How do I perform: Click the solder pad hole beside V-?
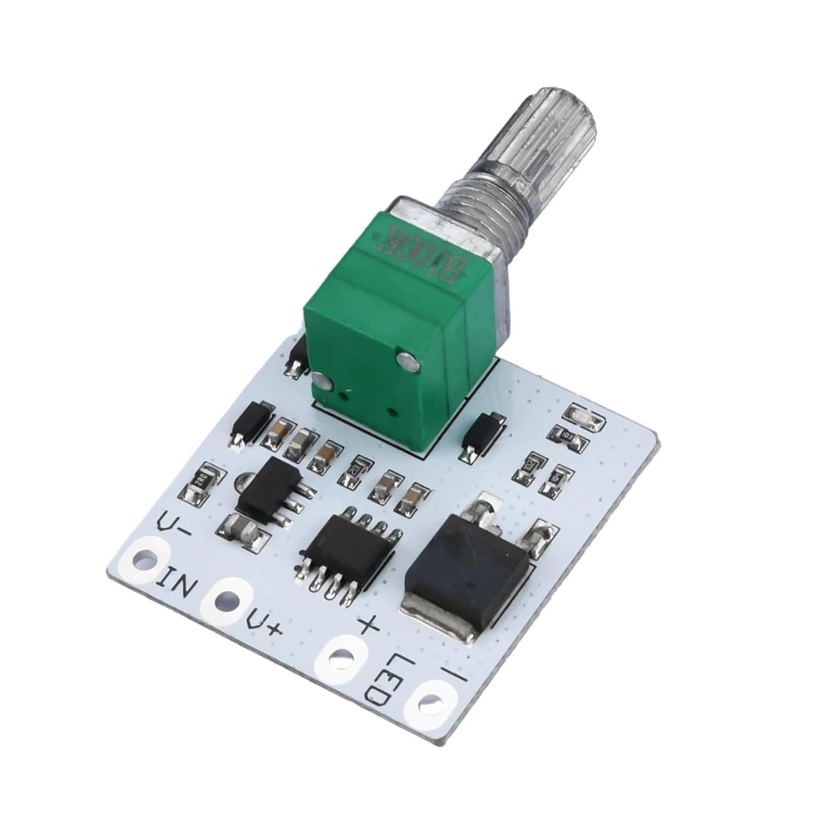pyautogui.click(x=144, y=557)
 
